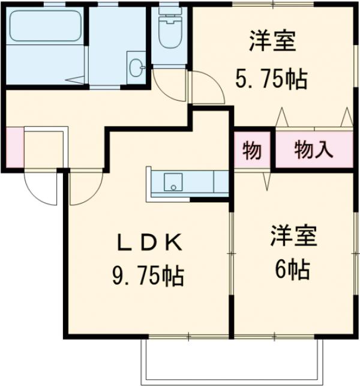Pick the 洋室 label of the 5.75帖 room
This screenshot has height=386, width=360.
pyautogui.click(x=272, y=44)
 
